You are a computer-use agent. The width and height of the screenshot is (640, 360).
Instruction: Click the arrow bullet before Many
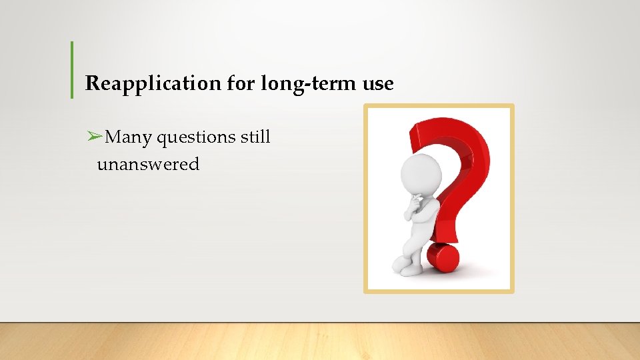pos(94,137)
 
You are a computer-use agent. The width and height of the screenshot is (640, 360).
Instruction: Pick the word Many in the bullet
pos(129,137)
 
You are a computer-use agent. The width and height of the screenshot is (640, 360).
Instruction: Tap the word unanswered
pos(148,164)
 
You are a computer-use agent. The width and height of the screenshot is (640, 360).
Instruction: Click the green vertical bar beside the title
pos(72,70)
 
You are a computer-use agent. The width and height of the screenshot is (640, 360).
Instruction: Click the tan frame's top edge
pos(439,106)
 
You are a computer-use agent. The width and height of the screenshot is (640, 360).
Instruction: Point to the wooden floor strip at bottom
pos(320,341)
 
